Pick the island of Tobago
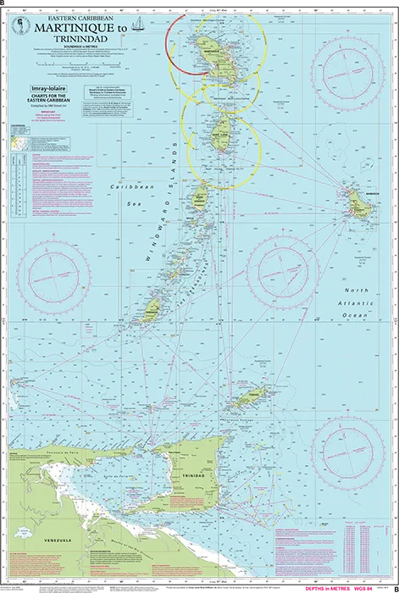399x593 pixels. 248,397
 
